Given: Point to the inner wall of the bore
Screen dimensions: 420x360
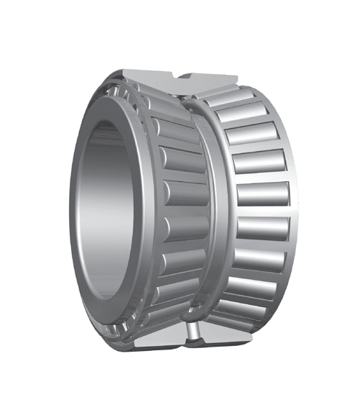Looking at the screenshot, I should click(x=108, y=216).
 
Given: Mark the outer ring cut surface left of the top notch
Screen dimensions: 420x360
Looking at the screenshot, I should click(x=147, y=76).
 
